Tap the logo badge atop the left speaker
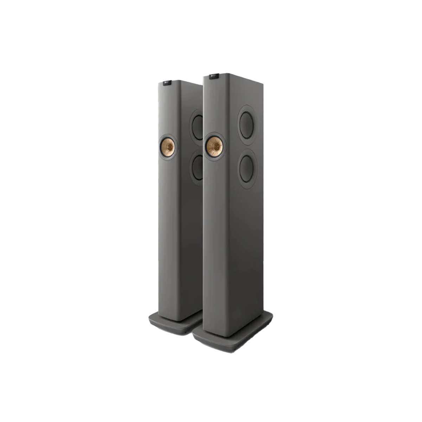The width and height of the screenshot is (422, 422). coord(168,83)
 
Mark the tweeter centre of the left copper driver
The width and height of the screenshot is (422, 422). coord(168,145)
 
